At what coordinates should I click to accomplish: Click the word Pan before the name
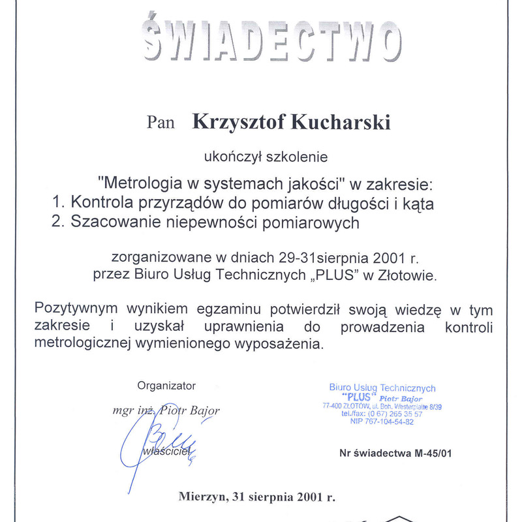[161, 122]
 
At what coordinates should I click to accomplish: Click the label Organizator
[166, 386]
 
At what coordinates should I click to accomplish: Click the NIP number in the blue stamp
[382, 422]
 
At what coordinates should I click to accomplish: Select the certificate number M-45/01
[431, 453]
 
